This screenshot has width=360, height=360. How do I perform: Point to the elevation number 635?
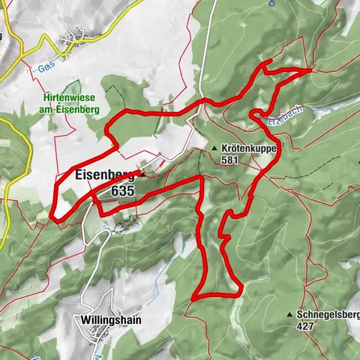point(121,191)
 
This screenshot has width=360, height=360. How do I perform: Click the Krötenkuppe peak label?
point(249,148)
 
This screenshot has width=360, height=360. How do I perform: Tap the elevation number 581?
point(231,160)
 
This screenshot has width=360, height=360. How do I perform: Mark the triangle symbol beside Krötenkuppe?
point(214,148)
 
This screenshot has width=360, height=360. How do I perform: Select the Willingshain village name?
point(109,319)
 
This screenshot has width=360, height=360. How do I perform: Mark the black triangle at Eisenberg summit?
point(140,174)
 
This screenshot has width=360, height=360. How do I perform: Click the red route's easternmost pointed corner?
point(310,69)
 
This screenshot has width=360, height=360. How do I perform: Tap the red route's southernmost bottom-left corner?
point(193,298)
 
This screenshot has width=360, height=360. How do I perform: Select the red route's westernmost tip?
point(52,219)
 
